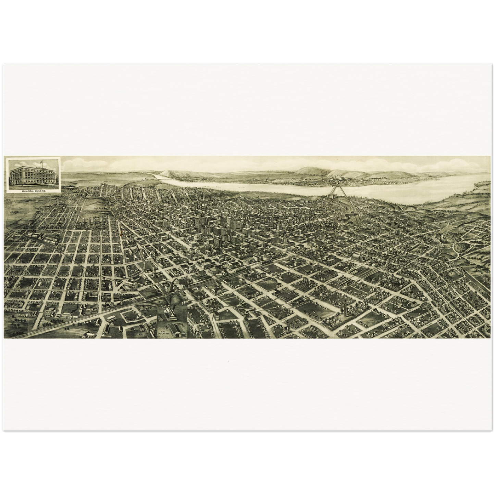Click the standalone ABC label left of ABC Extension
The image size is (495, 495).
tap(140, 332)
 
